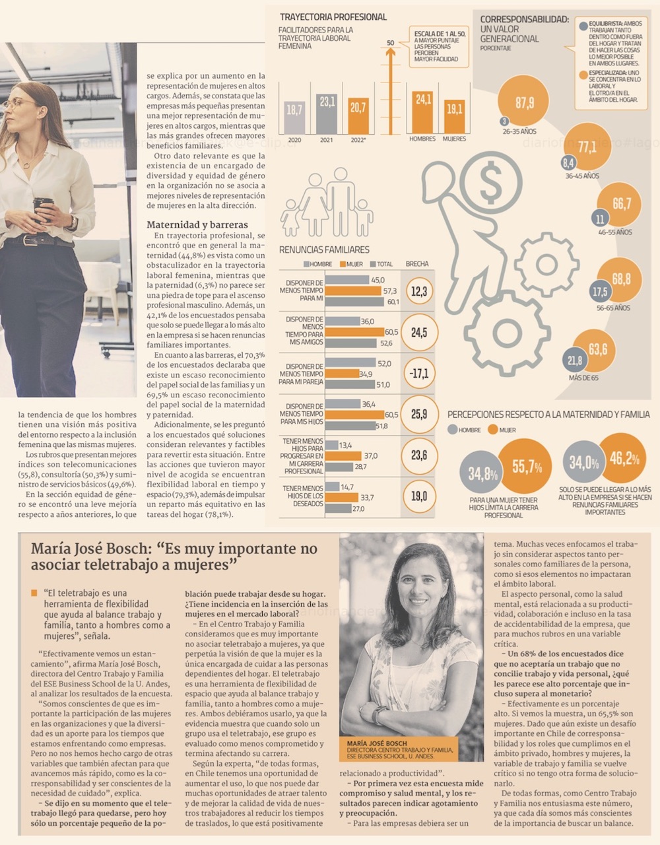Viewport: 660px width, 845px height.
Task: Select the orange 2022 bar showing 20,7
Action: (x=358, y=116)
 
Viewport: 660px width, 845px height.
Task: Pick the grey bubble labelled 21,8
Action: (x=575, y=360)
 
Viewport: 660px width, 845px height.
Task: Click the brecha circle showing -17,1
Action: (x=419, y=374)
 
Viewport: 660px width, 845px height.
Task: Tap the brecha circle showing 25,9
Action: (x=419, y=414)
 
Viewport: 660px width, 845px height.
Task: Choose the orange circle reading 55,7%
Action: (x=526, y=467)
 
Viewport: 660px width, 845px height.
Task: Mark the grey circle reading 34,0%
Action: (x=584, y=463)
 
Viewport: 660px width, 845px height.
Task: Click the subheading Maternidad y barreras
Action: (x=197, y=224)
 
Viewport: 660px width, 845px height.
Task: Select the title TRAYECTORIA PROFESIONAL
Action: (x=333, y=17)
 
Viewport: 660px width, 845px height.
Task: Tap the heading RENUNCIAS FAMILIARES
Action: (x=324, y=250)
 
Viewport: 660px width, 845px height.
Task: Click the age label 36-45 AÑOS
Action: (x=582, y=176)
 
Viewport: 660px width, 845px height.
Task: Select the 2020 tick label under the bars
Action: (x=294, y=139)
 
